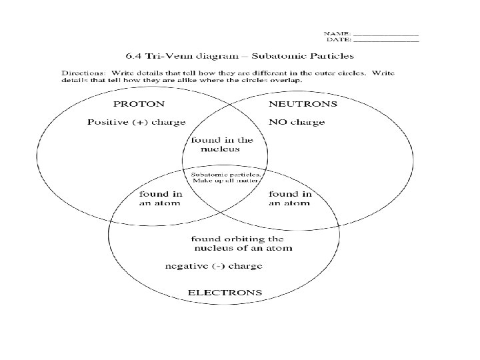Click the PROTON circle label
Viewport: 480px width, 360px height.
coord(139,104)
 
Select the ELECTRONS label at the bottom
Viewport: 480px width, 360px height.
coord(225,292)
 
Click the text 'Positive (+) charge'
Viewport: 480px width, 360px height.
coord(136,122)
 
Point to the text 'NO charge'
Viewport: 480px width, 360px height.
coord(296,122)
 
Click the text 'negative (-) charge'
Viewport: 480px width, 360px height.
coord(213,266)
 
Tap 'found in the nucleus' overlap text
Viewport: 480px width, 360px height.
coord(223,145)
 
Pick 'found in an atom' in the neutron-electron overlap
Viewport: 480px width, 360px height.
coord(289,199)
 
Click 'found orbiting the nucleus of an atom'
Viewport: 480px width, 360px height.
coord(238,243)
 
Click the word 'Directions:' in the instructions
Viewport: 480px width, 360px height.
coord(83,71)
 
